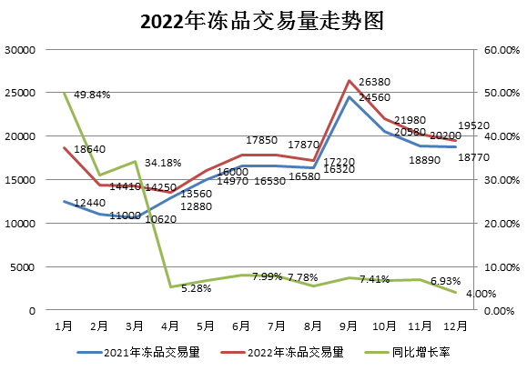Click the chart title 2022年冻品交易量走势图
point(263,20)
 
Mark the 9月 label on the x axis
point(349,325)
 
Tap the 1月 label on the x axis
point(64,325)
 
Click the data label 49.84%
point(93,94)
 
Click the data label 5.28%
point(197,288)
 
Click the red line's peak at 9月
point(349,81)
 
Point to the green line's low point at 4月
point(170,287)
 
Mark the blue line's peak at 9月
point(349,96)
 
